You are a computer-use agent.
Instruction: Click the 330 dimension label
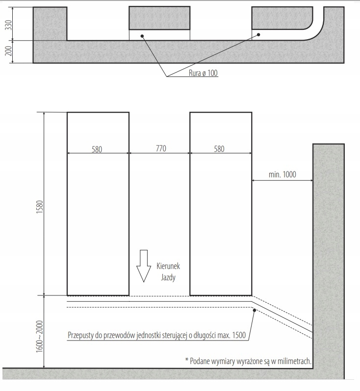(9, 25)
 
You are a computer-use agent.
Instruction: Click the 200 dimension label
(9, 51)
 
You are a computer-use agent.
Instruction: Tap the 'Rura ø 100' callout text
(203, 73)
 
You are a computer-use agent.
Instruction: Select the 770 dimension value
(161, 148)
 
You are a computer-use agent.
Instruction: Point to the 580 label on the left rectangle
(97, 149)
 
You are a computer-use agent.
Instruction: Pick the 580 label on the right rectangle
(219, 149)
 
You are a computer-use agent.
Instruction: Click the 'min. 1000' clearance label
(283, 174)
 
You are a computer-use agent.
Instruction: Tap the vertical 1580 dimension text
(40, 207)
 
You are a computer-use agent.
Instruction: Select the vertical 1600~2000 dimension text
(40, 337)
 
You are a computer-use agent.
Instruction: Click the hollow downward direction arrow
(144, 266)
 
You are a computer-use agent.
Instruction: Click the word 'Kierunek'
(168, 266)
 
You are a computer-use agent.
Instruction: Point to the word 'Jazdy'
(168, 277)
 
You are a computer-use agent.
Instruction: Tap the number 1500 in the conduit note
(239, 335)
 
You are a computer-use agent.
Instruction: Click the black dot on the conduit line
(255, 310)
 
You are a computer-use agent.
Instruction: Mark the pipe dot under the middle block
(142, 36)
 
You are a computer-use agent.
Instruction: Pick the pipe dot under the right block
(258, 35)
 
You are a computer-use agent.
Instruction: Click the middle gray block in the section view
(159, 18)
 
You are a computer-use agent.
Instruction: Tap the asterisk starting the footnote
(186, 360)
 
